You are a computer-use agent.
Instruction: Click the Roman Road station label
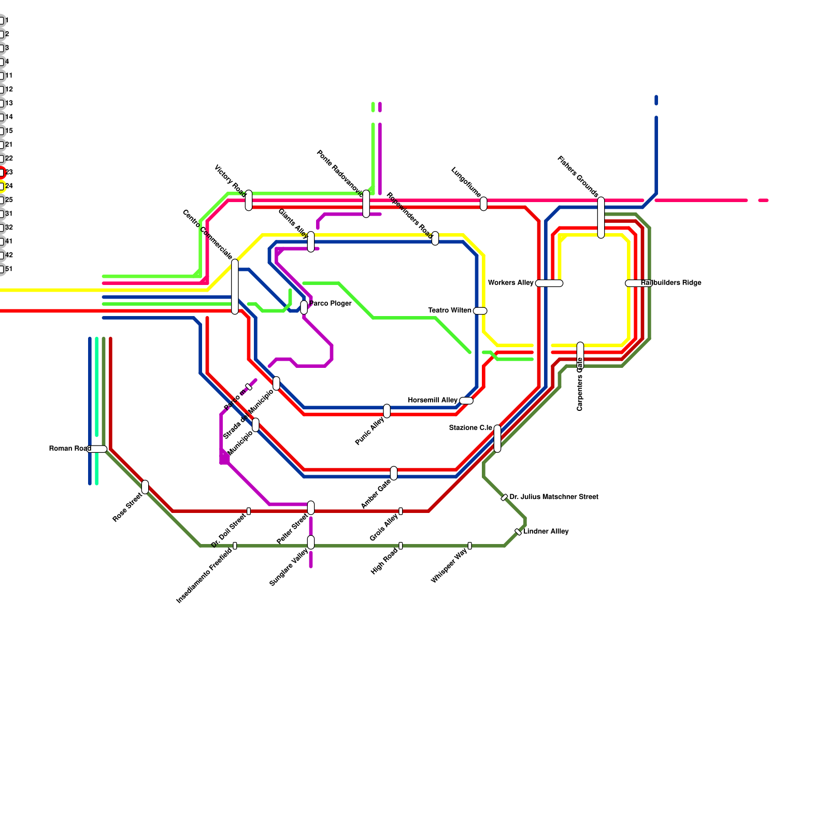pyautogui.click(x=70, y=448)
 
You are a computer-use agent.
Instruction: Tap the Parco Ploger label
pyautogui.click(x=331, y=303)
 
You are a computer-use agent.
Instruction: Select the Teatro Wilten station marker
pyautogui.click(x=480, y=311)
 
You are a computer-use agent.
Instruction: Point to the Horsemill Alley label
pyautogui.click(x=433, y=400)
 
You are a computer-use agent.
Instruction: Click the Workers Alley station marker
pyautogui.click(x=549, y=283)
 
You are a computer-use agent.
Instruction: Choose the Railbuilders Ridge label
pyautogui.click(x=671, y=283)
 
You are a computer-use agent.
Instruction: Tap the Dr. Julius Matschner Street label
pyautogui.click(x=554, y=497)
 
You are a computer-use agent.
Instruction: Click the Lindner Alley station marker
pyautogui.click(x=518, y=532)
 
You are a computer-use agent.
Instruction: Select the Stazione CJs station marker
pyautogui.click(x=497, y=438)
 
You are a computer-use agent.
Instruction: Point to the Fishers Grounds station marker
pyautogui.click(x=601, y=218)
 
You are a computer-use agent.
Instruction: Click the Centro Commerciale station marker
pyautogui.click(x=235, y=287)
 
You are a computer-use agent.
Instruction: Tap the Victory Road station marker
pyautogui.click(x=249, y=201)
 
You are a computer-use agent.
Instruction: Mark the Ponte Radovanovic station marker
pyautogui.click(x=366, y=204)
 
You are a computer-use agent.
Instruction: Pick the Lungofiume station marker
pyautogui.click(x=483, y=204)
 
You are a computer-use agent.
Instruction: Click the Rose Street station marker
pyautogui.click(x=145, y=487)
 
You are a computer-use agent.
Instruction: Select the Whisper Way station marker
pyautogui.click(x=470, y=546)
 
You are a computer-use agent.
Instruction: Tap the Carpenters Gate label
pyautogui.click(x=580, y=384)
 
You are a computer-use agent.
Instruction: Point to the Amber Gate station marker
pyautogui.click(x=394, y=473)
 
